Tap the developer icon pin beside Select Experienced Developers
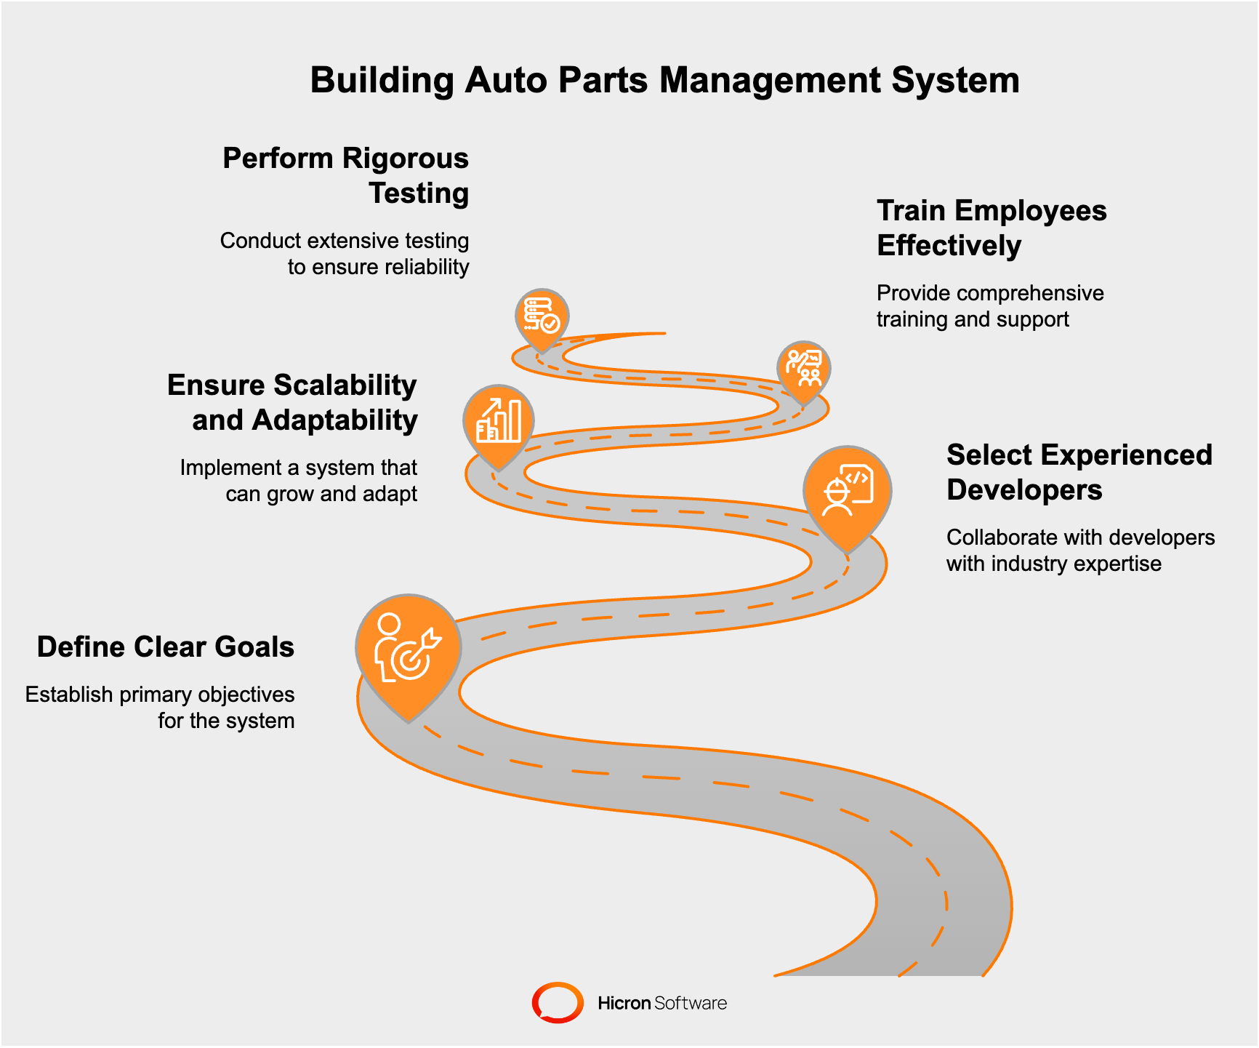pos(847,491)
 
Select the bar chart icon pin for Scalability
pos(499,422)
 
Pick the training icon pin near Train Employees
pos(803,367)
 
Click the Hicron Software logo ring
pos(558,1002)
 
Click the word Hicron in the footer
pos(624,1003)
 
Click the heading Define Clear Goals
pos(166,647)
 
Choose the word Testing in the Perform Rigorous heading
pos(419,193)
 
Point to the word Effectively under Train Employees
pos(949,246)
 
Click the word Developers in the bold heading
pos(1024,490)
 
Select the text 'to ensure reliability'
pos(378,267)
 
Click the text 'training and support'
pos(972,319)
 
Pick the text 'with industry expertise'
pos(1053,564)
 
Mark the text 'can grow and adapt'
pos(321,494)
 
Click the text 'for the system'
pos(226,721)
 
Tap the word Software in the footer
pos(690,1003)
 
